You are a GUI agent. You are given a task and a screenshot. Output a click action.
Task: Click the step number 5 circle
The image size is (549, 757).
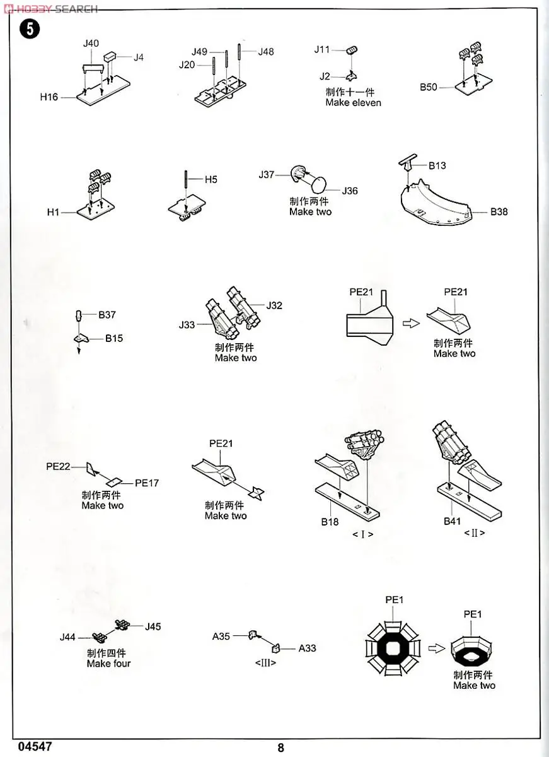tap(30, 30)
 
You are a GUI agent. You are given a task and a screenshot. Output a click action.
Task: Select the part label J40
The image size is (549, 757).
tap(91, 44)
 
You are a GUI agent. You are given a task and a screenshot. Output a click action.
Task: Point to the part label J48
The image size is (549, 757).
tap(265, 52)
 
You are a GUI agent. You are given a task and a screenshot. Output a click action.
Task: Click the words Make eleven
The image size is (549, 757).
tap(353, 103)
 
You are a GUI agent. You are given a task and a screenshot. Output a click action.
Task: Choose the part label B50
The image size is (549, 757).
tap(429, 88)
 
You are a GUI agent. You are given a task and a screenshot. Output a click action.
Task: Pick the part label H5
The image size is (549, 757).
tap(211, 179)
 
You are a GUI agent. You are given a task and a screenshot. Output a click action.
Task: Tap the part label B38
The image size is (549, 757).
tap(499, 212)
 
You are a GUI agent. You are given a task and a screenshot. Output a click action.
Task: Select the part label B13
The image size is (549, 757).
tap(437, 166)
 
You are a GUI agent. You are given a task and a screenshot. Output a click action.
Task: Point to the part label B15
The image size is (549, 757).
tap(114, 339)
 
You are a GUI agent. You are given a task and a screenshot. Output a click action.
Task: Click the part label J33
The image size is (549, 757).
tap(187, 325)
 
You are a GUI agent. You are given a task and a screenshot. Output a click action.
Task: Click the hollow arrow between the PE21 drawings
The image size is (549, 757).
tap(410, 322)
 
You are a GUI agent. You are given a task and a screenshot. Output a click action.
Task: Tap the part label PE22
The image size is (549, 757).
tap(58, 467)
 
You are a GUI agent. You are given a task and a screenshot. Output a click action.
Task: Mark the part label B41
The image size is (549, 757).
tap(452, 521)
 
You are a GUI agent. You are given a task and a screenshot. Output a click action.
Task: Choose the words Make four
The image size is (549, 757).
tap(108, 664)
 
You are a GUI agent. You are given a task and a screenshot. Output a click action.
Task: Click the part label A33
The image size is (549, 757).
tap(307, 648)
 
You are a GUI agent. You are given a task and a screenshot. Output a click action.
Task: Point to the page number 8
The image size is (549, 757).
tap(280, 748)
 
